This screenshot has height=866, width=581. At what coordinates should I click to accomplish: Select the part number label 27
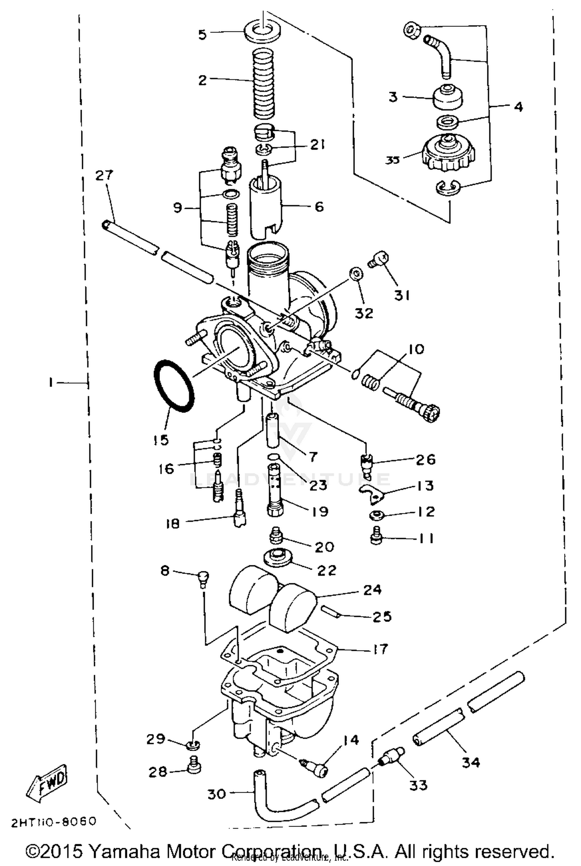[104, 175]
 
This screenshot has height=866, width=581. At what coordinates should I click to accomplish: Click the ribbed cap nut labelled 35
[449, 154]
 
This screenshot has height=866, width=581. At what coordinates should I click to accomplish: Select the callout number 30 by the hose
[217, 794]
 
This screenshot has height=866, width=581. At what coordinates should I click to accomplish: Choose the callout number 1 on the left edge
[50, 383]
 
